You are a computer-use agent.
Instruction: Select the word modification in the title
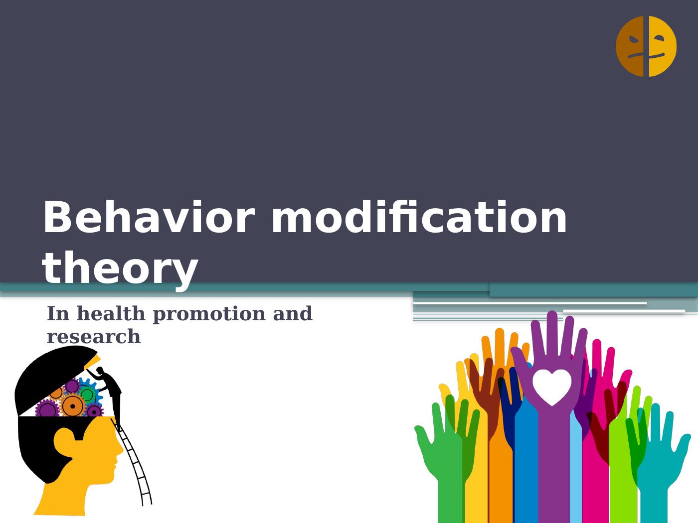419,218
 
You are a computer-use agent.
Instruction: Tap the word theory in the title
120,269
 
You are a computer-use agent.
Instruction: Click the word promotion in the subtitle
210,314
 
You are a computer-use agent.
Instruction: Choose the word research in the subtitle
94,337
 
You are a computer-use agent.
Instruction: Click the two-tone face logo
646,46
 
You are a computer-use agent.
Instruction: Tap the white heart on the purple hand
551,386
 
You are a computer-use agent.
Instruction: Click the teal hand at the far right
658,463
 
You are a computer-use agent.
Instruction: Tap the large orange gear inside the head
73,406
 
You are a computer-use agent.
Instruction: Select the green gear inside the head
87,394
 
